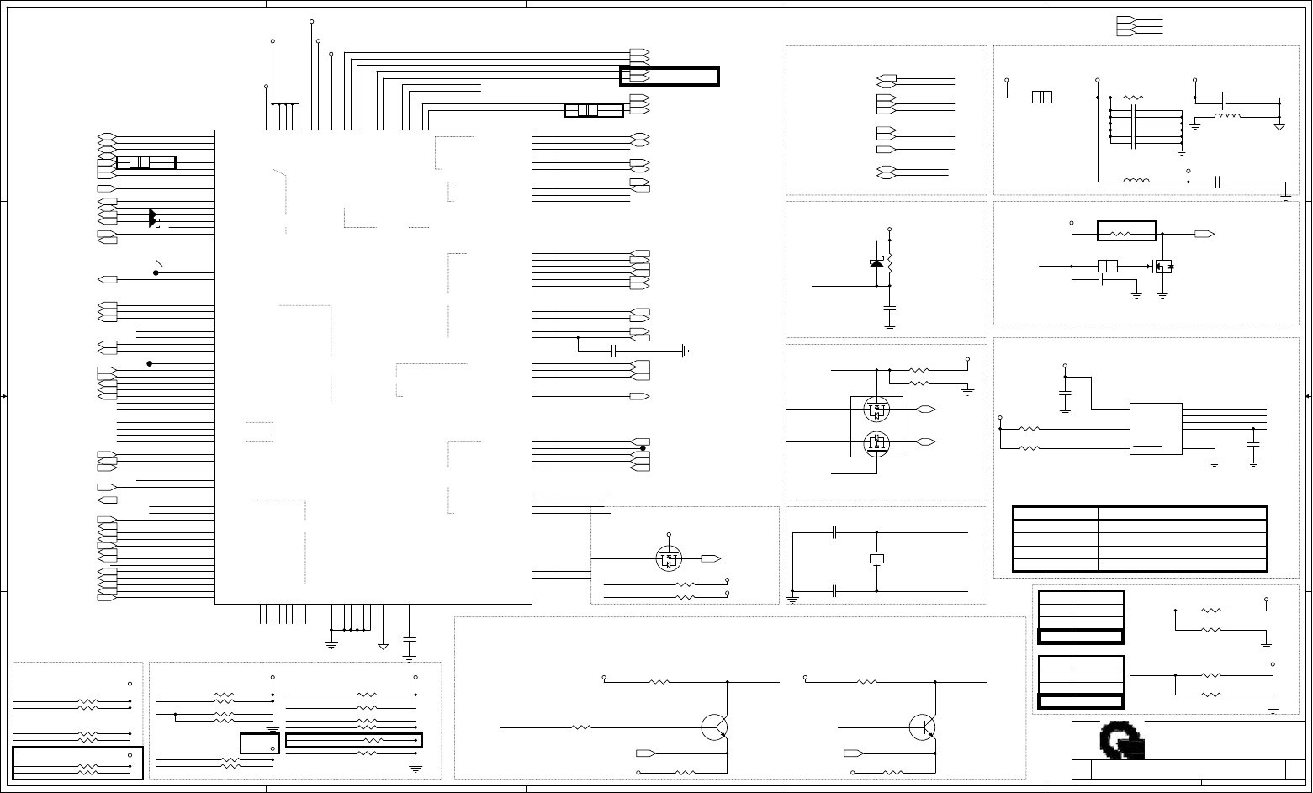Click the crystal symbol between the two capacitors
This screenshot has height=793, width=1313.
[x=877, y=558]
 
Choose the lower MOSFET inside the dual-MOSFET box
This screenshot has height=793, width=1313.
[x=877, y=441]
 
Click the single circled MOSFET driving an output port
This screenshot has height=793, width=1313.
[x=669, y=558]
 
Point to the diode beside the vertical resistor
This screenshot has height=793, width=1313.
[x=876, y=264]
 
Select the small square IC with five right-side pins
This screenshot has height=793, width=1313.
[x=1156, y=429]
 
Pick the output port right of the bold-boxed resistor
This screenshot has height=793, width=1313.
[x=1204, y=233]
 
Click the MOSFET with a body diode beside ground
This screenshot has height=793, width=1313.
[x=1163, y=267]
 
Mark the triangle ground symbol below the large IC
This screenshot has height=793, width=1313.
[x=384, y=645]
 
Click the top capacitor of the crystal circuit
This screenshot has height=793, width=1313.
[x=834, y=532]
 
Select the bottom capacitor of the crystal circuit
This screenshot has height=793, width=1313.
[x=834, y=591]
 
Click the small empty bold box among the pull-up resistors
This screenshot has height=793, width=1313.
[x=259, y=743]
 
